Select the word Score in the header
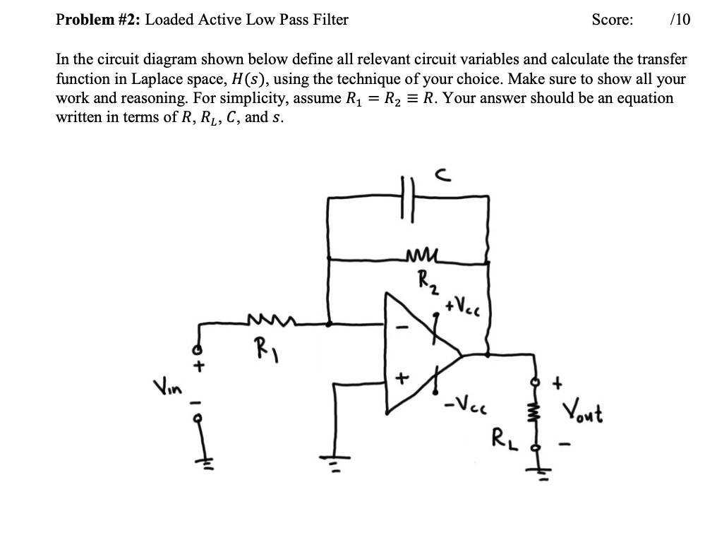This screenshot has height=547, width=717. click(613, 20)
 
